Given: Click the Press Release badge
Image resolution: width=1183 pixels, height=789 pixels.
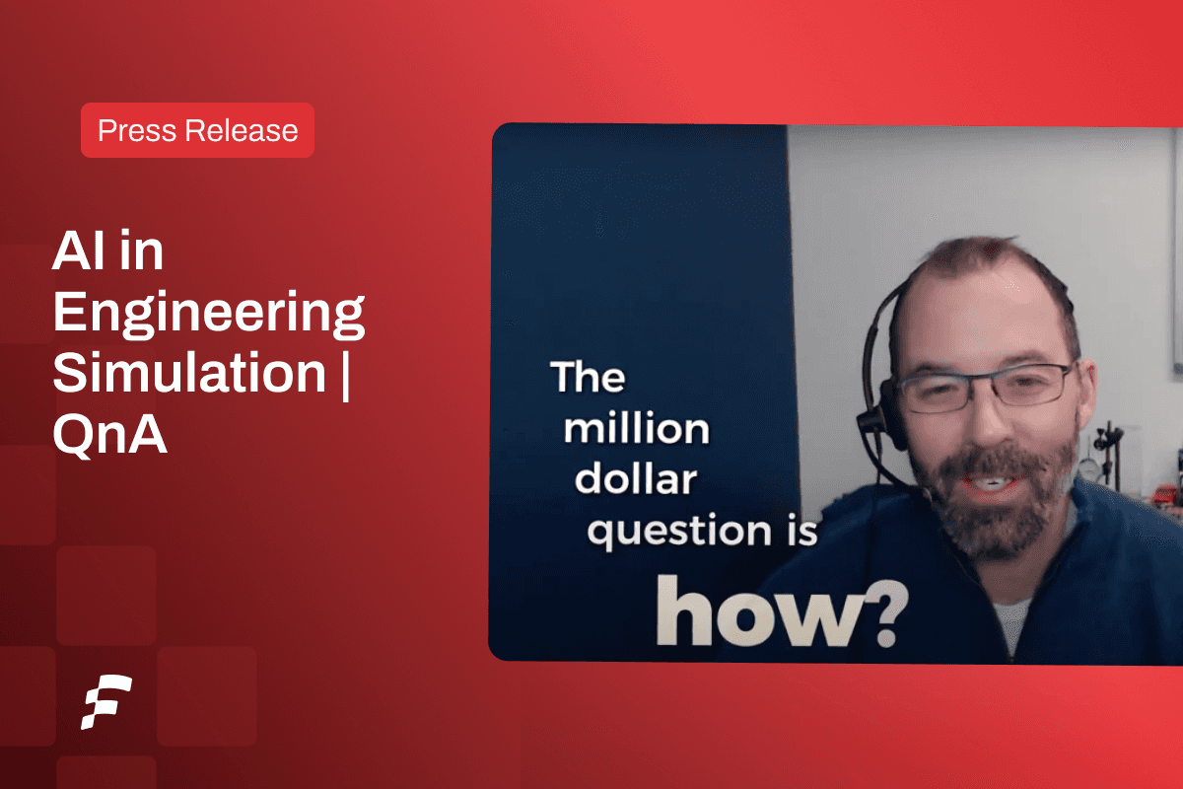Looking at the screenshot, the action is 197,130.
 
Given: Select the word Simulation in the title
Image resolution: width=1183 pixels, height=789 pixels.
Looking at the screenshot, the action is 189,373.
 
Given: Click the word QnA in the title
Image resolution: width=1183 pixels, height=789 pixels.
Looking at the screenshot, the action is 109,434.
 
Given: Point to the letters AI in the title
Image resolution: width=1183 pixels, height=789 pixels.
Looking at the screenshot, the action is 78,251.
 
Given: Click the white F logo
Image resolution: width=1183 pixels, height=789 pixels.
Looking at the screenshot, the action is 106,702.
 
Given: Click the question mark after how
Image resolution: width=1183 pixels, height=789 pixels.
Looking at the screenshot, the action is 888,613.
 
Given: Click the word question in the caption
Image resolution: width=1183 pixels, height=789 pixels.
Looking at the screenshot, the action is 679,531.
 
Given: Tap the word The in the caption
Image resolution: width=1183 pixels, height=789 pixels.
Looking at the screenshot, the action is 588,377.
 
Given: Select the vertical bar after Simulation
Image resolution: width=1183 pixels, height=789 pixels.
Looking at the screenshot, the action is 345,374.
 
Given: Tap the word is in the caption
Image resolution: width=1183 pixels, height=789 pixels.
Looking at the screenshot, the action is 801,530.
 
